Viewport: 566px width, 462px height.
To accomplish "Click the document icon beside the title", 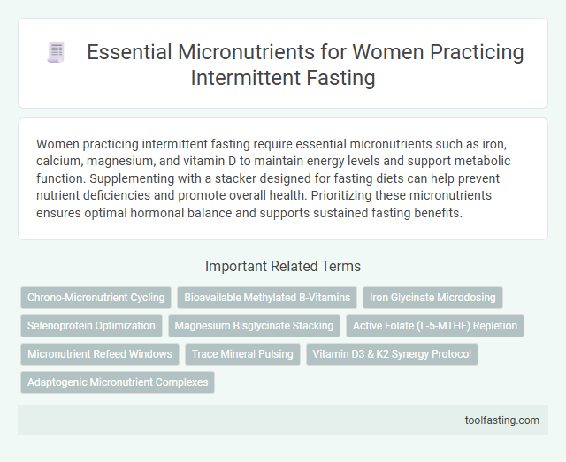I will tap(55, 53).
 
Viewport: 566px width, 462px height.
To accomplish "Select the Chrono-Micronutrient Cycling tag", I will tap(95, 298).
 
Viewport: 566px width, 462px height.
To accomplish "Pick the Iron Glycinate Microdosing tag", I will tap(432, 298).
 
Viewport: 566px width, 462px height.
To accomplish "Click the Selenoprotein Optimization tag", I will tap(91, 326).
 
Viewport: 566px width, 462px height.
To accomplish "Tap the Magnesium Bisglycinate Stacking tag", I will tap(254, 326).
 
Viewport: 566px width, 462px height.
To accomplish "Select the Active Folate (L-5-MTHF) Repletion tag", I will tap(435, 326).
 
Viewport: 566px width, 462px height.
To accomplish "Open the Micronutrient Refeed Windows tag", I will tap(99, 354).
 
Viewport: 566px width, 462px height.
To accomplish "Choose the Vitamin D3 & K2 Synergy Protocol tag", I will tap(391, 354).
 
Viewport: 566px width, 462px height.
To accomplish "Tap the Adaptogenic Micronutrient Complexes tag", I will tap(118, 382).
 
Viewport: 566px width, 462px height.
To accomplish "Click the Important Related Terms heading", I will tap(283, 266).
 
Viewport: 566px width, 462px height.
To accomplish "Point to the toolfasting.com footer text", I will tap(502, 420).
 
